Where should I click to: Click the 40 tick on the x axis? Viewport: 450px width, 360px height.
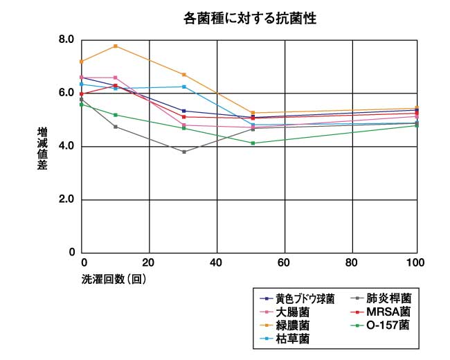[217, 263]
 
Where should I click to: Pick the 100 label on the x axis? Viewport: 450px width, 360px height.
[415, 263]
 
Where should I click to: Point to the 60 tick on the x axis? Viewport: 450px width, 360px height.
[284, 263]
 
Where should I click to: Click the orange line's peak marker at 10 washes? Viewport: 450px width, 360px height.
[116, 46]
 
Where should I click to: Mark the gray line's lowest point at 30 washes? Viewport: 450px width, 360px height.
[183, 152]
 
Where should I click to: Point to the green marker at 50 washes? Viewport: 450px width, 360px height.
[253, 143]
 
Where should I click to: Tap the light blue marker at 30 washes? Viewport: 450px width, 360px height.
[183, 87]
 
